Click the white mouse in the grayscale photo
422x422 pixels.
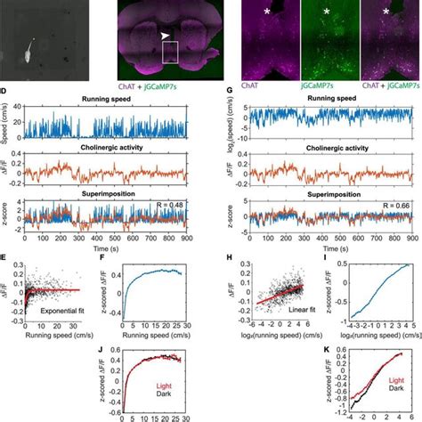pyautogui.click(x=30, y=51)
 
